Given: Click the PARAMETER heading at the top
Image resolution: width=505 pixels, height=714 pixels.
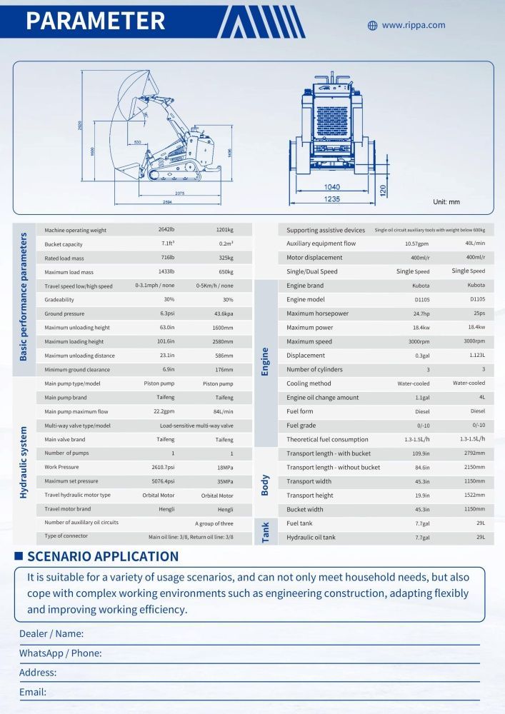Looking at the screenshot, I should [95, 21].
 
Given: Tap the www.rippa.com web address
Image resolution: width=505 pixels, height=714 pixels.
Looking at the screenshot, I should [413, 25].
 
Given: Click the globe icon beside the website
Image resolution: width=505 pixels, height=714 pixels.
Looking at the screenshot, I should [372, 26].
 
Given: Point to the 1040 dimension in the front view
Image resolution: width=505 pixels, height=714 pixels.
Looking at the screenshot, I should [332, 186].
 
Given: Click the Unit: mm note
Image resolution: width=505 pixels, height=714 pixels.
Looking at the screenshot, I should [446, 202].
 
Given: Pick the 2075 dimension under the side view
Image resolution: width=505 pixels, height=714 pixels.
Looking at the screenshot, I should [179, 193].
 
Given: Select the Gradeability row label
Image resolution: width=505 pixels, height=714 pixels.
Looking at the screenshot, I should [59, 300].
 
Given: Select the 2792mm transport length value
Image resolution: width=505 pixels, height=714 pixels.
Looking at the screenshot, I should [475, 453].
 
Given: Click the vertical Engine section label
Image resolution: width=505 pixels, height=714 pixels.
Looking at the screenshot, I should [266, 362].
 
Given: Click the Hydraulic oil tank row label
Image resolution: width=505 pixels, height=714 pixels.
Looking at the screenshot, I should [311, 537].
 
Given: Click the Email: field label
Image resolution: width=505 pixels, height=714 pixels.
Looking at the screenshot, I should [33, 692].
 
